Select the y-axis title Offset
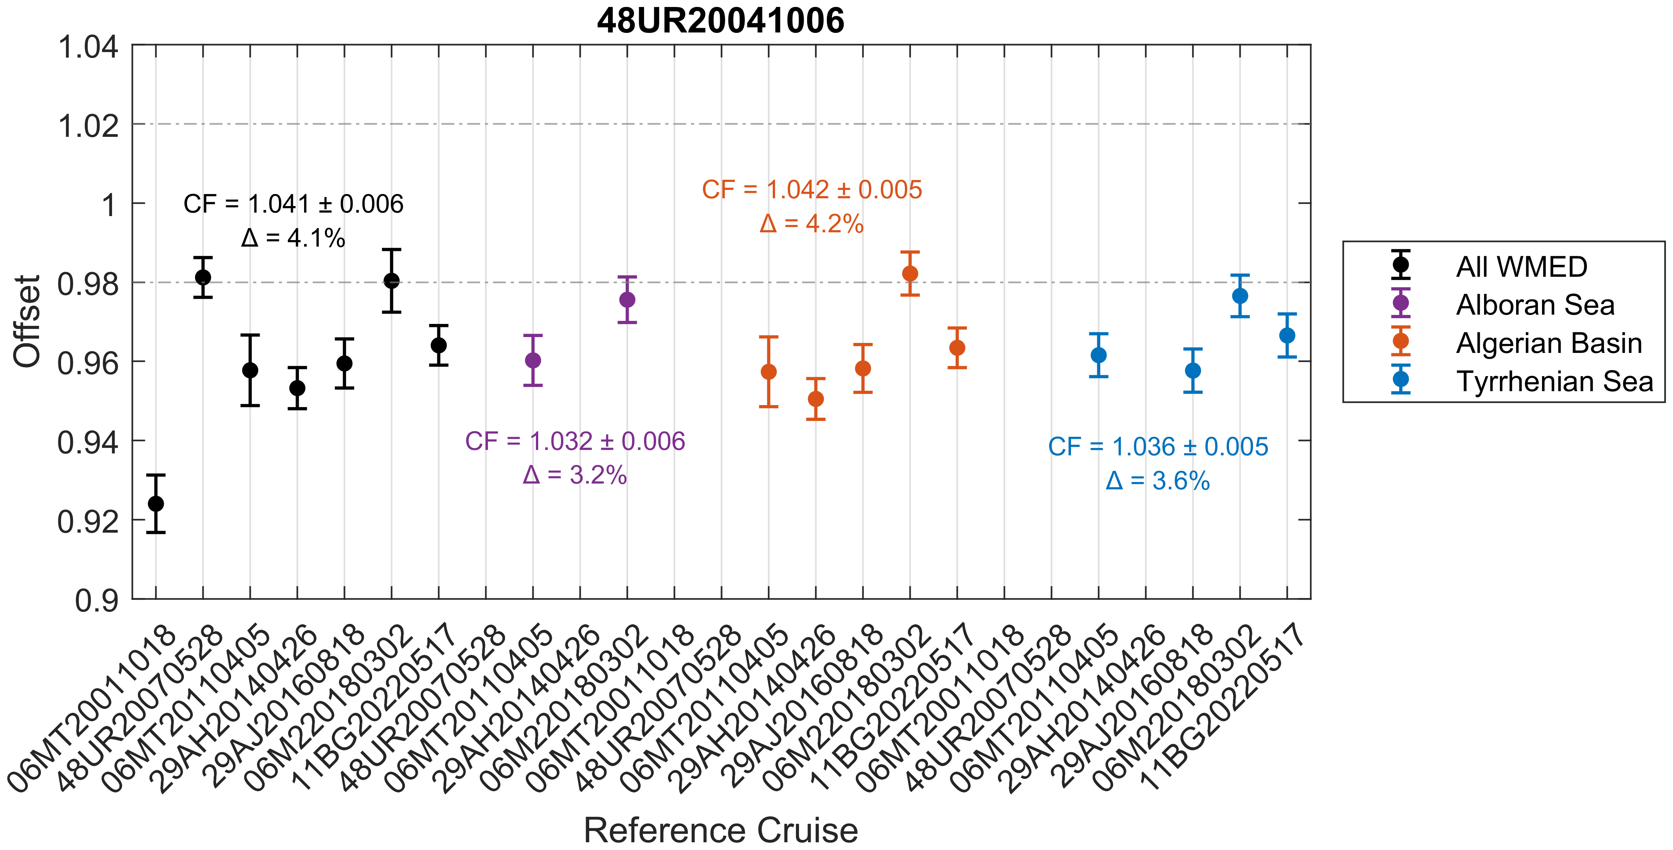coord(27,321)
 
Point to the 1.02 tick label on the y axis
coord(88,125)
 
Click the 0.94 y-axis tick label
coord(88,443)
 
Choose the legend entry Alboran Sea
coord(1535,305)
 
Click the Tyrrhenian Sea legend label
coord(1554,381)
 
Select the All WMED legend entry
coord(1521,266)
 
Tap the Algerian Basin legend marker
coord(1401,341)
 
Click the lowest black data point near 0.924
coord(156,504)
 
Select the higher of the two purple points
coord(627,300)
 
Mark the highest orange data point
coord(910,274)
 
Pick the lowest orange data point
coord(816,399)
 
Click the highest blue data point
coord(1240,296)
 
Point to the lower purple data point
coord(532,360)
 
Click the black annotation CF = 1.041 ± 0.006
coord(294,204)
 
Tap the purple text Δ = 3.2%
coord(575,475)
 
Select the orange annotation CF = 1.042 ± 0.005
coord(812,190)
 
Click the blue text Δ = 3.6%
coord(1158,481)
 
